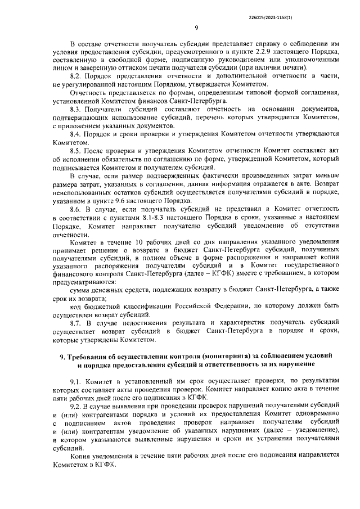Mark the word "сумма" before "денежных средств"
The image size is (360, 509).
click(x=80, y=289)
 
